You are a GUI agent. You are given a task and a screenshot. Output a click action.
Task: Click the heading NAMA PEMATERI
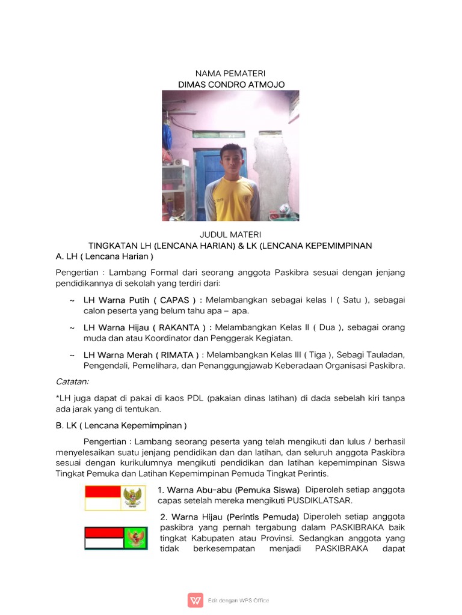(x=231, y=73)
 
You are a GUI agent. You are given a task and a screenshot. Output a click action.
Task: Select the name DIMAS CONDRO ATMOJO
(x=231, y=85)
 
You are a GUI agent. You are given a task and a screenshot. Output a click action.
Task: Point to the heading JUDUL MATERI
(x=231, y=234)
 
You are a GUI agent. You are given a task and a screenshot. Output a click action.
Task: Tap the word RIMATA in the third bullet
(x=178, y=355)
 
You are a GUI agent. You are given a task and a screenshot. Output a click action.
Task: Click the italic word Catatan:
(x=72, y=381)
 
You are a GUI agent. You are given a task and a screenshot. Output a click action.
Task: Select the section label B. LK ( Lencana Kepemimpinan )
(x=122, y=426)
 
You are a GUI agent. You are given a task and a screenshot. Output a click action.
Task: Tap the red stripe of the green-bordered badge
(x=103, y=533)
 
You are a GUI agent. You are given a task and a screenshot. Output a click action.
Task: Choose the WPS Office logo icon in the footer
(x=195, y=600)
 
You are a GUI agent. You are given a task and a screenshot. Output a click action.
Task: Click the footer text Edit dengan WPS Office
(x=239, y=600)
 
